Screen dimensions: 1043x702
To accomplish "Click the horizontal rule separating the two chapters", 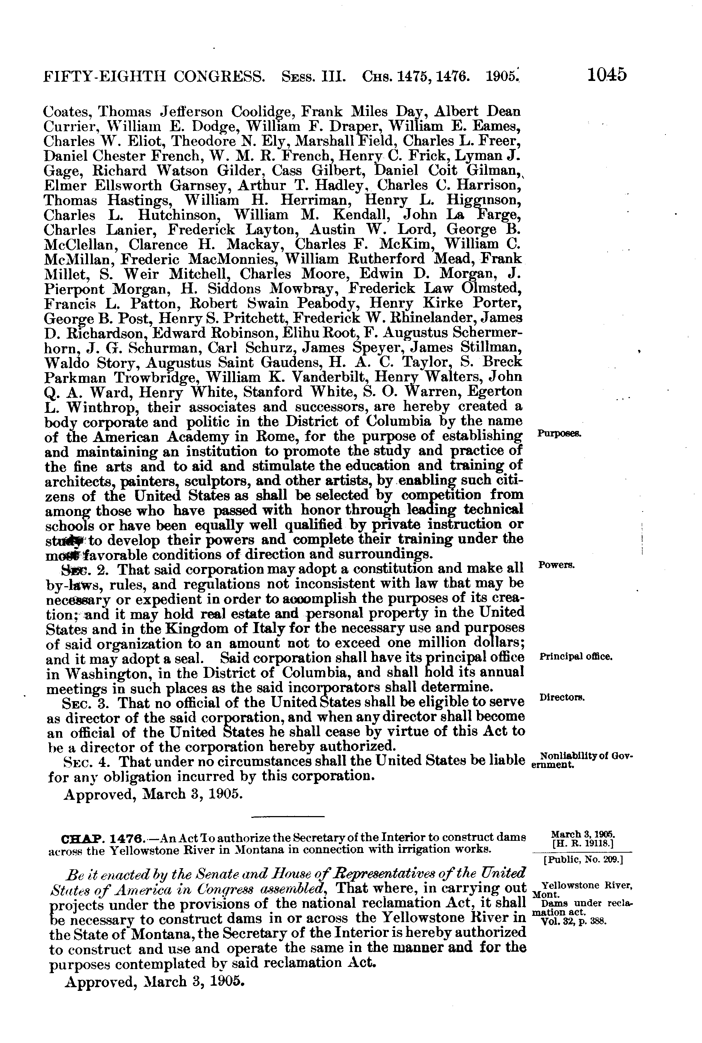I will pyautogui.click(x=287, y=817).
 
